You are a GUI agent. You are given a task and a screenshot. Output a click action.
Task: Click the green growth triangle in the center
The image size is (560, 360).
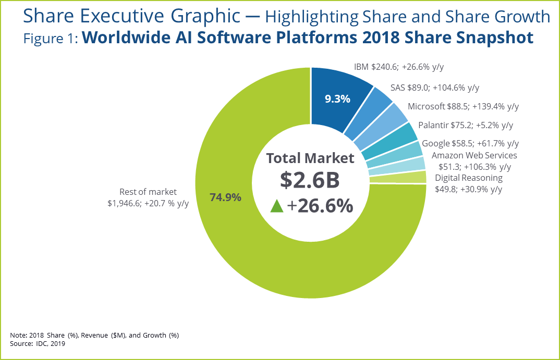coord(277,206)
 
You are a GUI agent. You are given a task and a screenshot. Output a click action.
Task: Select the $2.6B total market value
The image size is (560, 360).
coord(310,180)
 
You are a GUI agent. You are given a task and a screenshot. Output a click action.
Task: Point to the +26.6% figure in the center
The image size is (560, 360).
coord(320,206)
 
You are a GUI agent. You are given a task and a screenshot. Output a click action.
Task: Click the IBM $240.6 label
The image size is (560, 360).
coord(399,67)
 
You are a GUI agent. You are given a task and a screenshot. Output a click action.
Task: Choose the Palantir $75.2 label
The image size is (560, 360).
coord(466,125)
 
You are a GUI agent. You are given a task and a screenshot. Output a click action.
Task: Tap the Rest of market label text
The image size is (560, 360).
coord(148,192)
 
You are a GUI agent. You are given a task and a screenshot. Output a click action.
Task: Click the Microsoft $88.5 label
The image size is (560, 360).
coord(463,106)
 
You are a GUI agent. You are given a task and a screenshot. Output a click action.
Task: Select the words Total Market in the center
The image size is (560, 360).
coord(310,158)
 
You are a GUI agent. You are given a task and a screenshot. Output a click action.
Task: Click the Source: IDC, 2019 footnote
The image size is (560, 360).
coord(38,343)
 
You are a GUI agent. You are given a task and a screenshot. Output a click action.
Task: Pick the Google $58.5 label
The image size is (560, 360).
coord(470,143)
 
